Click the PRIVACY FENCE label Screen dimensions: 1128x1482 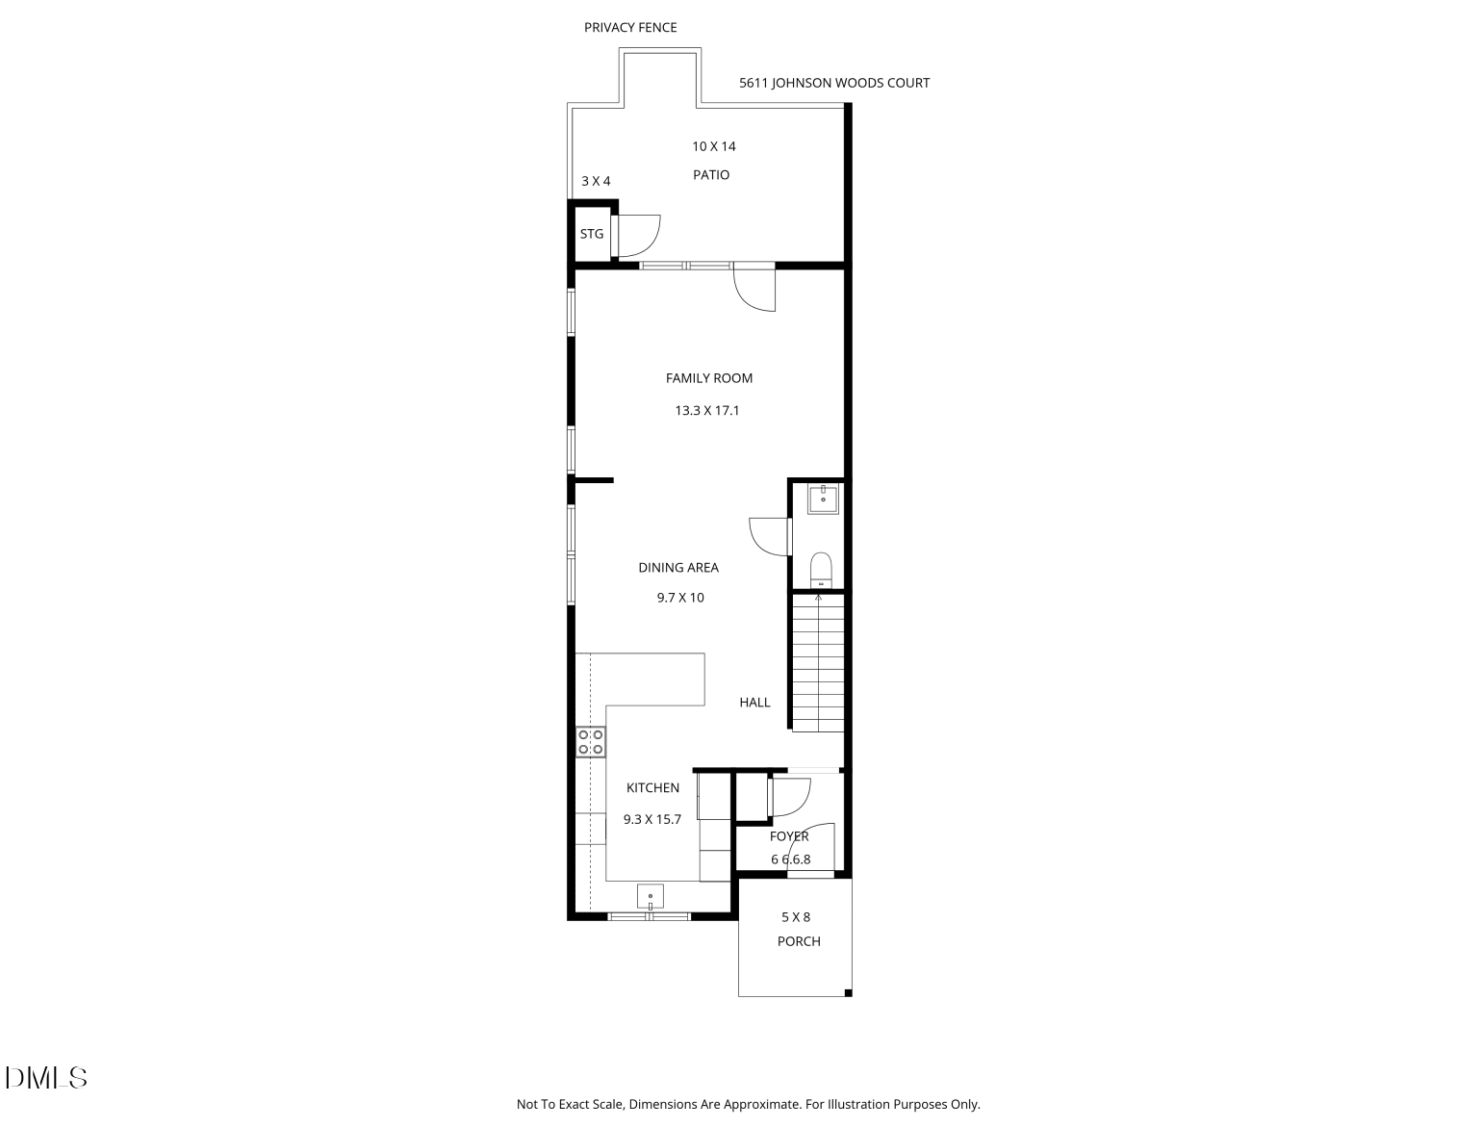[630, 28]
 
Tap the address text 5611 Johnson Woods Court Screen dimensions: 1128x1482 [833, 83]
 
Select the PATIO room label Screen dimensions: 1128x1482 [711, 175]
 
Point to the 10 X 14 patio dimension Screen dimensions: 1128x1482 [713, 146]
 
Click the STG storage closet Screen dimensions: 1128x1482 [592, 234]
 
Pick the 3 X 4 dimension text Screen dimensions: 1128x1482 [596, 181]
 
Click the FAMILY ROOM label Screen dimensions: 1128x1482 [709, 378]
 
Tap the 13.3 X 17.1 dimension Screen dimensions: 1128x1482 [706, 410]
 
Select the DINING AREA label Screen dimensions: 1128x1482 [678, 568]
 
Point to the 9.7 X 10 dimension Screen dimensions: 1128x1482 [680, 598]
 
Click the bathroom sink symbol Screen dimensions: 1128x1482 [823, 500]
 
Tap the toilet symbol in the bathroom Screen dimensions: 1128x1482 [820, 569]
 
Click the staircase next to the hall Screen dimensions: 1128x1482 [818, 664]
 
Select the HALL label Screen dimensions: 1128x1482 [754, 703]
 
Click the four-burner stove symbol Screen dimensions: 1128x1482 [591, 742]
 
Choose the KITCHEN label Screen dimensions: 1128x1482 [652, 788]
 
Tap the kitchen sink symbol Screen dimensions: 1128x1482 [651, 897]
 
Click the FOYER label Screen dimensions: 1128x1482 [789, 836]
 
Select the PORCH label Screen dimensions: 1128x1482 [799, 941]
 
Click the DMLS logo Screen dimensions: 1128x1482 [46, 1078]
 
